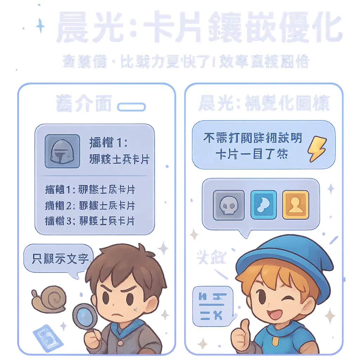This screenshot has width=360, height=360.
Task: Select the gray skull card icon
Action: tap(229, 205)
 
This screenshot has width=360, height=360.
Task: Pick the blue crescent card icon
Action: tap(263, 205)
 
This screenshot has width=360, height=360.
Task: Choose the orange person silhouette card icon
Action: tap(295, 205)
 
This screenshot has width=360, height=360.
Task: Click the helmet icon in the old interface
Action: tap(62, 151)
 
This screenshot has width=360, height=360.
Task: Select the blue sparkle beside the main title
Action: tap(41, 26)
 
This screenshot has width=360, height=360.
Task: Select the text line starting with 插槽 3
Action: tap(90, 221)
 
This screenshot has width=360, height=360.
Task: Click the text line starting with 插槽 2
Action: tap(90, 205)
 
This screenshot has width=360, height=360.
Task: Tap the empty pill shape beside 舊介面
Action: tap(131, 107)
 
